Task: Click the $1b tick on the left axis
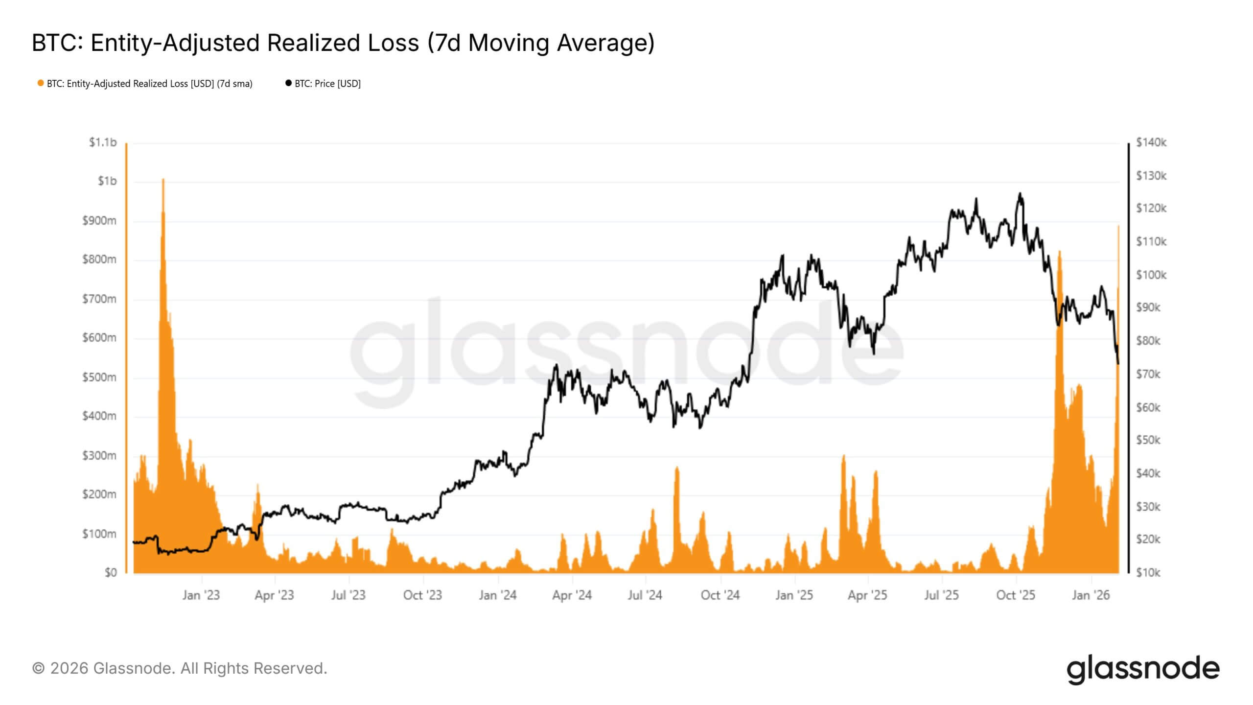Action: coord(107,181)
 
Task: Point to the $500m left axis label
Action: coord(99,377)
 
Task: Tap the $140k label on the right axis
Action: coord(1151,142)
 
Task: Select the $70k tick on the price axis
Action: coord(1148,375)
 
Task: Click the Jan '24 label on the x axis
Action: coord(497,595)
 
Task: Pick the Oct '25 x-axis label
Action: coord(1016,595)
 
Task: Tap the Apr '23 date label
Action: coord(274,595)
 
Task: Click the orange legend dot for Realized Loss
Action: coord(41,83)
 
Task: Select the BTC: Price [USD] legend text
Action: coord(327,84)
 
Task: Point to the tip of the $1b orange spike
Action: coord(163,179)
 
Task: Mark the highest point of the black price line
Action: coord(1020,193)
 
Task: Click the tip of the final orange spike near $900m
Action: coord(1118,226)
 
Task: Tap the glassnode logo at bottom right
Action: coord(1143,669)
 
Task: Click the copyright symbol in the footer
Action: coord(38,668)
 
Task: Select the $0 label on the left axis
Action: coord(111,572)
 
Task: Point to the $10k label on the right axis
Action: coord(1148,572)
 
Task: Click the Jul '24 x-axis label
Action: coord(645,595)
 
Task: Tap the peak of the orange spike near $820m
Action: coord(1060,251)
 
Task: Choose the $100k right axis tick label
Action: coord(1151,275)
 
